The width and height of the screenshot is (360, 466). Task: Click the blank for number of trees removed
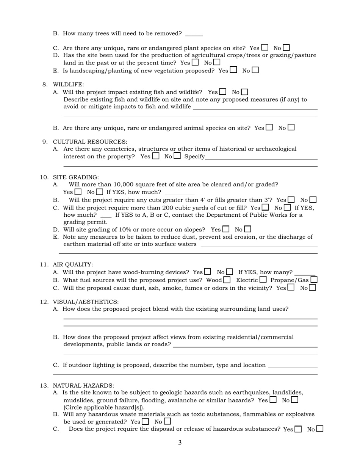tap(194, 34)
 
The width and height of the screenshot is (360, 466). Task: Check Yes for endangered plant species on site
tap(265, 48)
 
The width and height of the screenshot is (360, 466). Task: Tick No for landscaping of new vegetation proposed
tap(255, 70)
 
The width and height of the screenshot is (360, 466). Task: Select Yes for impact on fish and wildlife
tap(223, 92)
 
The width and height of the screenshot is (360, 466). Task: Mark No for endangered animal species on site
tap(291, 128)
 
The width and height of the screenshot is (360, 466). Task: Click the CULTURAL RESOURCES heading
tap(90, 142)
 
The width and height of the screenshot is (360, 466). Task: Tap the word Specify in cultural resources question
tap(194, 156)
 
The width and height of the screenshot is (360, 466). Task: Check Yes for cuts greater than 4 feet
tap(291, 200)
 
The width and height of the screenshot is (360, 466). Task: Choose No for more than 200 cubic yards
tap(287, 207)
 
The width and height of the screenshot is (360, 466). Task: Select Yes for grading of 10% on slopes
tap(226, 229)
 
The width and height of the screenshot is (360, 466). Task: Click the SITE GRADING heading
tap(75, 177)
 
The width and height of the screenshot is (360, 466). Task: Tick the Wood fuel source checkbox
tap(227, 280)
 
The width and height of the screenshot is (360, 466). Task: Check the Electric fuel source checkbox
tap(263, 280)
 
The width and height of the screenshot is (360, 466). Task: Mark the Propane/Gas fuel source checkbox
tap(314, 280)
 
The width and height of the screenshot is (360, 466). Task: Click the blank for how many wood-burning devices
tap(305, 272)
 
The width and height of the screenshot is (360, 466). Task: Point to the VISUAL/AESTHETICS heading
tap(86, 302)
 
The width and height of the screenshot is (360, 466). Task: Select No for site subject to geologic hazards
tap(294, 399)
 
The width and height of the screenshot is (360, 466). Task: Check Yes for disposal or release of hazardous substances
tap(298, 429)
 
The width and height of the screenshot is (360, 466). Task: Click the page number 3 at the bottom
tap(180, 443)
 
